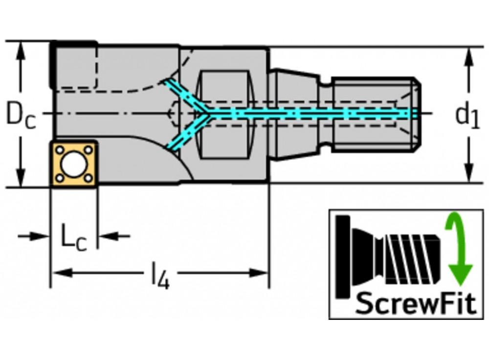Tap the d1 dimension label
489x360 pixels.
click(467, 115)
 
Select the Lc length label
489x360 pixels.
click(73, 237)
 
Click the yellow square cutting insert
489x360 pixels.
click(74, 164)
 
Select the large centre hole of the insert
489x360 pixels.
click(74, 164)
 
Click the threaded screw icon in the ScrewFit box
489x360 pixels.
click(391, 257)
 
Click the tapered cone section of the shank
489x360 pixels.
click(296, 113)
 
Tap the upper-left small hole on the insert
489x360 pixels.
click(59, 149)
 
